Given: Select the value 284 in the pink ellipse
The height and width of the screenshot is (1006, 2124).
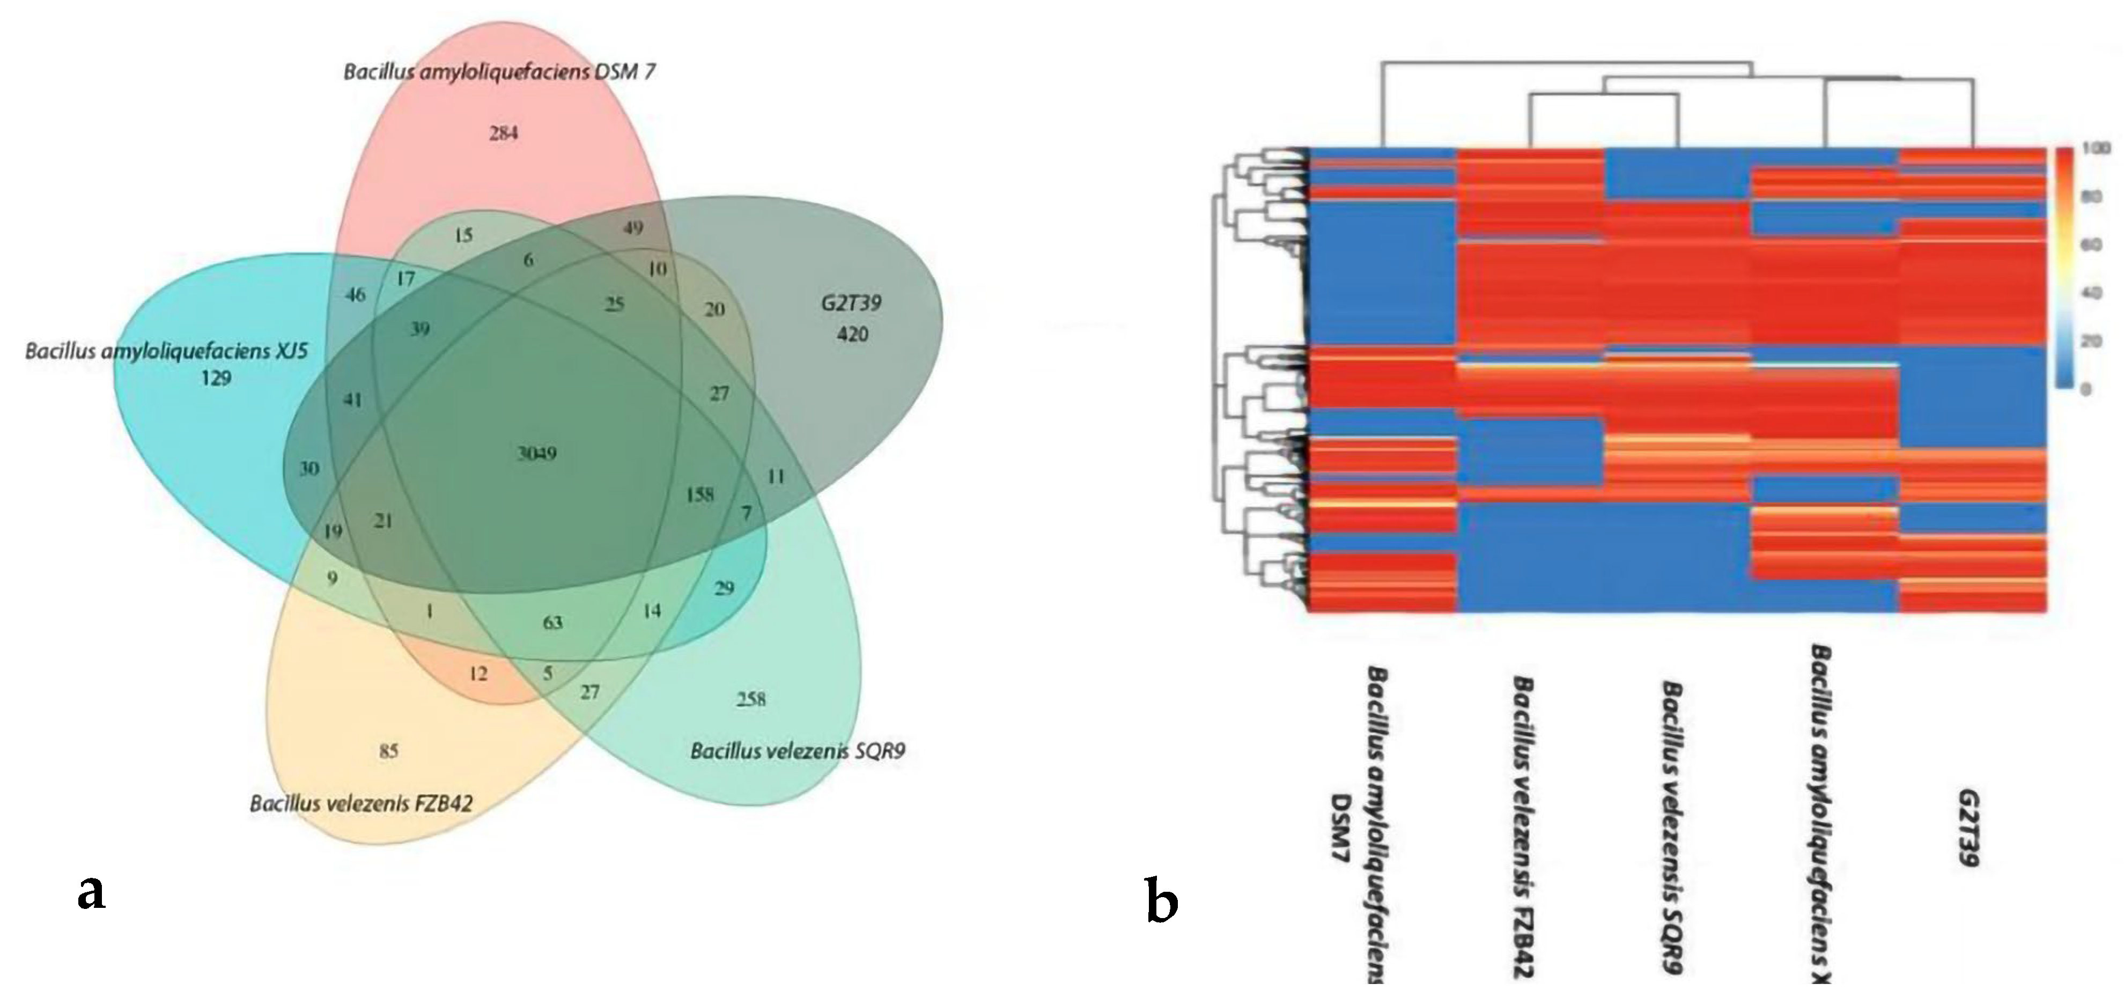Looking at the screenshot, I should click(503, 133).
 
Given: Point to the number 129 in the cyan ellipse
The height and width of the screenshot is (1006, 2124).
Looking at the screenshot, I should click(215, 379).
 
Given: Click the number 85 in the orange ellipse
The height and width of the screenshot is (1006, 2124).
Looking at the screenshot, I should click(388, 750).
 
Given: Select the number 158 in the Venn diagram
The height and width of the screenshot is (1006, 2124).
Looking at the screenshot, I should click(699, 495).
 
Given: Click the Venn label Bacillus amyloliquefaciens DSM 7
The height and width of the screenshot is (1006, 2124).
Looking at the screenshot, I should click(500, 72).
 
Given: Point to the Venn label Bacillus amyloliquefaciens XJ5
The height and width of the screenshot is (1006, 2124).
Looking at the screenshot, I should click(167, 352).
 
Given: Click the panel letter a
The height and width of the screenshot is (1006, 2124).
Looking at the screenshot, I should click(92, 892).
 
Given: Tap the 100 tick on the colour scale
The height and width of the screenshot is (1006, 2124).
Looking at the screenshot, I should click(2099, 149).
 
